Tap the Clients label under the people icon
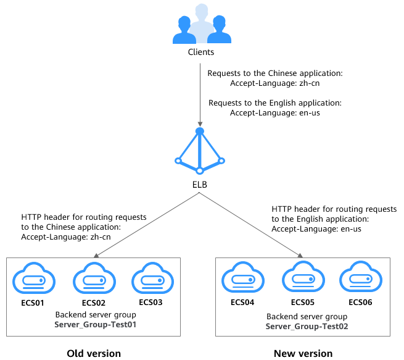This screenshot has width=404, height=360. point(201,52)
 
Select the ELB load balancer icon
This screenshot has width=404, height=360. point(199,151)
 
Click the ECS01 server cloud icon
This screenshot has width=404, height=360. point(30,278)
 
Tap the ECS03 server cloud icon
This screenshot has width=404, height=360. point(150,278)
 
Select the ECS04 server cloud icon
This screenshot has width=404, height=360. point(239,278)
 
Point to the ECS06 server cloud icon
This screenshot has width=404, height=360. point(359,278)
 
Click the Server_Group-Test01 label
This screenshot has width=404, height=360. point(95,324)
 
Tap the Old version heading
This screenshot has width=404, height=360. point(94,353)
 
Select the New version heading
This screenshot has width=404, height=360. point(303,353)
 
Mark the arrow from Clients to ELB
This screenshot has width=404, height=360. point(199,93)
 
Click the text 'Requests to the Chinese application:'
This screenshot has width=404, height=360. point(274,73)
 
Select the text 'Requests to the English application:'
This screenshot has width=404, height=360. point(275,103)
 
